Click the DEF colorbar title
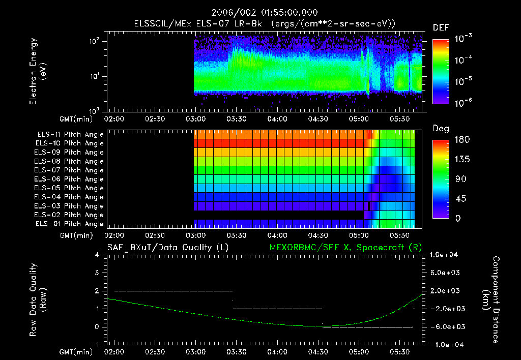(441, 28)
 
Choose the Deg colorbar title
(441, 129)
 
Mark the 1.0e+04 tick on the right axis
(445, 255)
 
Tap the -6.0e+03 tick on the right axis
(445, 326)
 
